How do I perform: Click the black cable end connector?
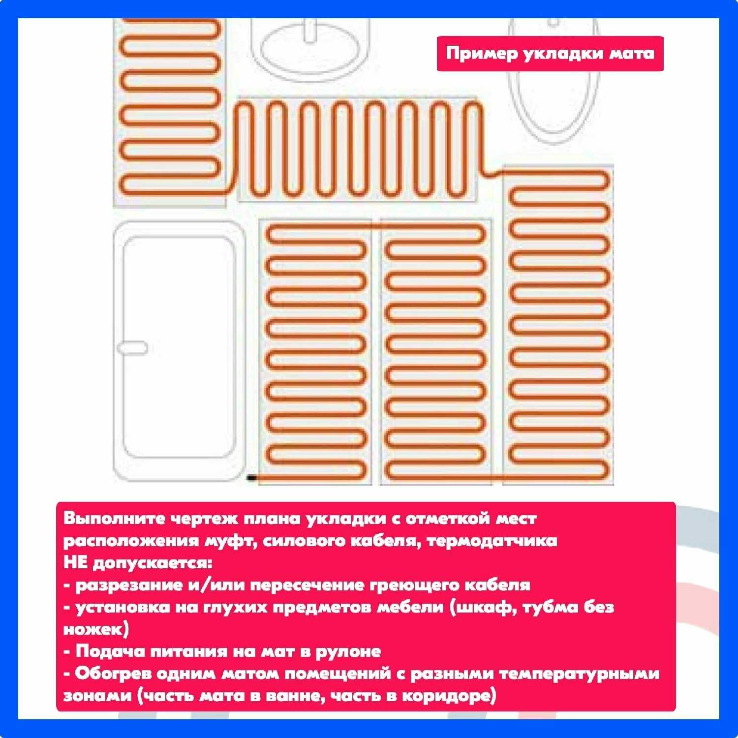(x=251, y=477)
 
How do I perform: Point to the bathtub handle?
(x=132, y=347)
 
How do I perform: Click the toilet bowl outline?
(x=554, y=79)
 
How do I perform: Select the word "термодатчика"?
(x=492, y=541)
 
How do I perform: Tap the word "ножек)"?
(x=96, y=629)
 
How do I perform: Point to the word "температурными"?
(x=579, y=674)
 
